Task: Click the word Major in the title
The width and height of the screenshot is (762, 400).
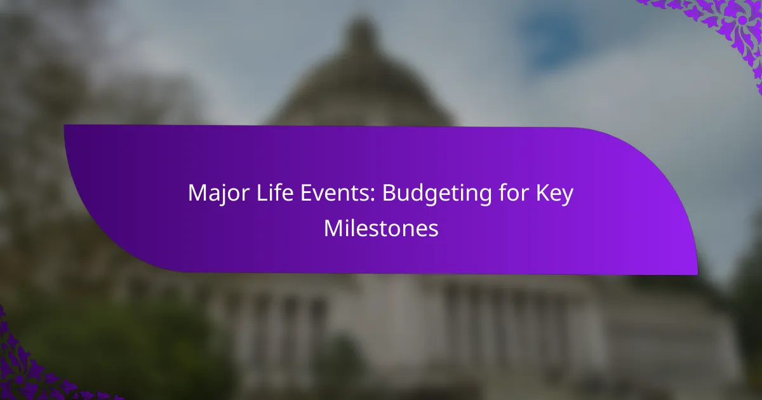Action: (218, 194)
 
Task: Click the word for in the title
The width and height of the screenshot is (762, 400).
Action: (514, 192)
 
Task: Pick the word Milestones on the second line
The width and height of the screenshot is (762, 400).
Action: (381, 228)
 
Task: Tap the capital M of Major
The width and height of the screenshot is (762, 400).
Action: (198, 193)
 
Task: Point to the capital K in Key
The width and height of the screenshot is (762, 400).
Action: (542, 193)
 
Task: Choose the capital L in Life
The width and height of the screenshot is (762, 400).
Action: (262, 193)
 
